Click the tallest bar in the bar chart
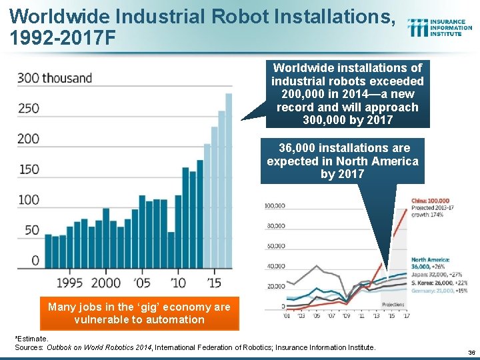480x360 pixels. point(229,180)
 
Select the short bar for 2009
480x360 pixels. point(171,250)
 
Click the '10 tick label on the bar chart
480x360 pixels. point(178,283)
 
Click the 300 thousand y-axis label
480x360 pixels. point(55,78)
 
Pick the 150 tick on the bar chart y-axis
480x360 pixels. point(28,169)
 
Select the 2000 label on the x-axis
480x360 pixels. point(105,283)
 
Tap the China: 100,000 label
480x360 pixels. point(430,201)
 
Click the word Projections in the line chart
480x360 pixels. point(392,303)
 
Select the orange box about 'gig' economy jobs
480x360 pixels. point(139,313)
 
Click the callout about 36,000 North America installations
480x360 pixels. point(343,161)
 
